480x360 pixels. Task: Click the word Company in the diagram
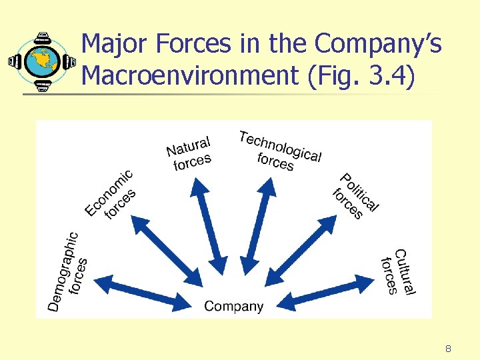pyautogui.click(x=233, y=306)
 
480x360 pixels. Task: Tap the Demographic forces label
pyautogui.click(x=69, y=270)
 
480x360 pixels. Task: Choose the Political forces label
pyautogui.click(x=355, y=197)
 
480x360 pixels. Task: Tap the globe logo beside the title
pyautogui.click(x=41, y=61)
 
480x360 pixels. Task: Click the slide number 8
pyautogui.click(x=448, y=348)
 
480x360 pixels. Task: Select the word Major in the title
pyautogui.click(x=114, y=45)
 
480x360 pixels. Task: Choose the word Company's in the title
pyautogui.click(x=378, y=45)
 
